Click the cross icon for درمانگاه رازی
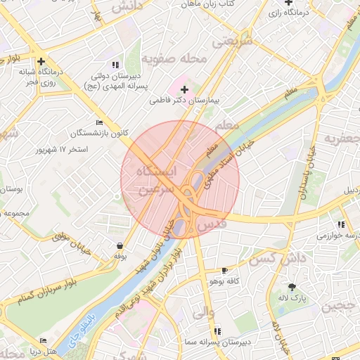[289, 4]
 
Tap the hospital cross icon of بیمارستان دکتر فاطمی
[184, 89]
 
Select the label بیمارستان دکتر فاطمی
[184, 101]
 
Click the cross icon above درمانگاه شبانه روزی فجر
[41, 61]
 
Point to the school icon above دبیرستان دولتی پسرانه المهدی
[115, 65]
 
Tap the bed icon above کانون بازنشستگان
[99, 122]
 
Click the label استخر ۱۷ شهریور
[63, 150]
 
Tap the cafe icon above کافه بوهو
[224, 270]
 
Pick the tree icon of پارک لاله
[292, 287]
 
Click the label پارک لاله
[292, 298]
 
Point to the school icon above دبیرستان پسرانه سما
[217, 330]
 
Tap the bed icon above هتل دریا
[44, 341]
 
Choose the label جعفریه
[341, 139]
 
